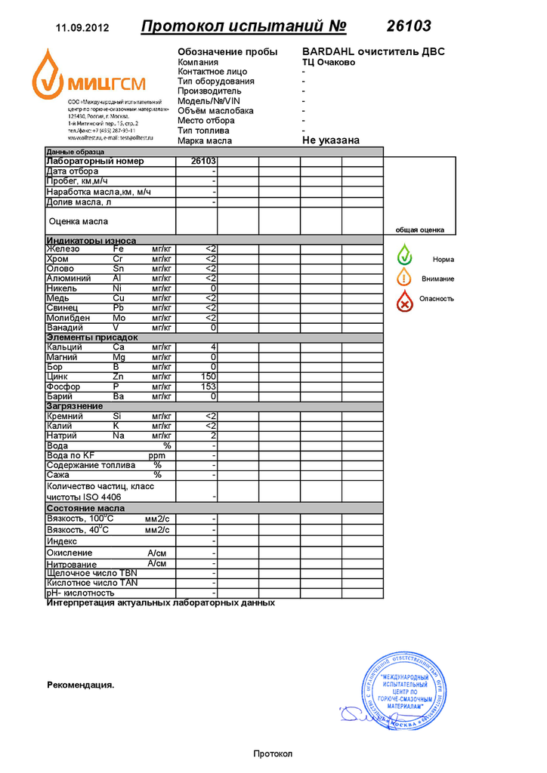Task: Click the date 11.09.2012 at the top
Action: [x=83, y=28]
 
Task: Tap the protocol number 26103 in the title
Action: [x=409, y=26]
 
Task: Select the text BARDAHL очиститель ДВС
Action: [x=373, y=51]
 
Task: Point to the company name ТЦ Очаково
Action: [x=329, y=62]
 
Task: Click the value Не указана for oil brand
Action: [x=331, y=140]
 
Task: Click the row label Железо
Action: [x=63, y=249]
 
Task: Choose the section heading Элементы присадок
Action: [x=92, y=337]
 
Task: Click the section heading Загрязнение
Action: [x=75, y=406]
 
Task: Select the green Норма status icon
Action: [x=405, y=255]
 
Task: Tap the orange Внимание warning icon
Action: [x=405, y=277]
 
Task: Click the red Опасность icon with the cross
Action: [x=406, y=300]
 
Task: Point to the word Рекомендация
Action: [x=80, y=685]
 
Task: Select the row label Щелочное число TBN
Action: [x=92, y=574]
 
